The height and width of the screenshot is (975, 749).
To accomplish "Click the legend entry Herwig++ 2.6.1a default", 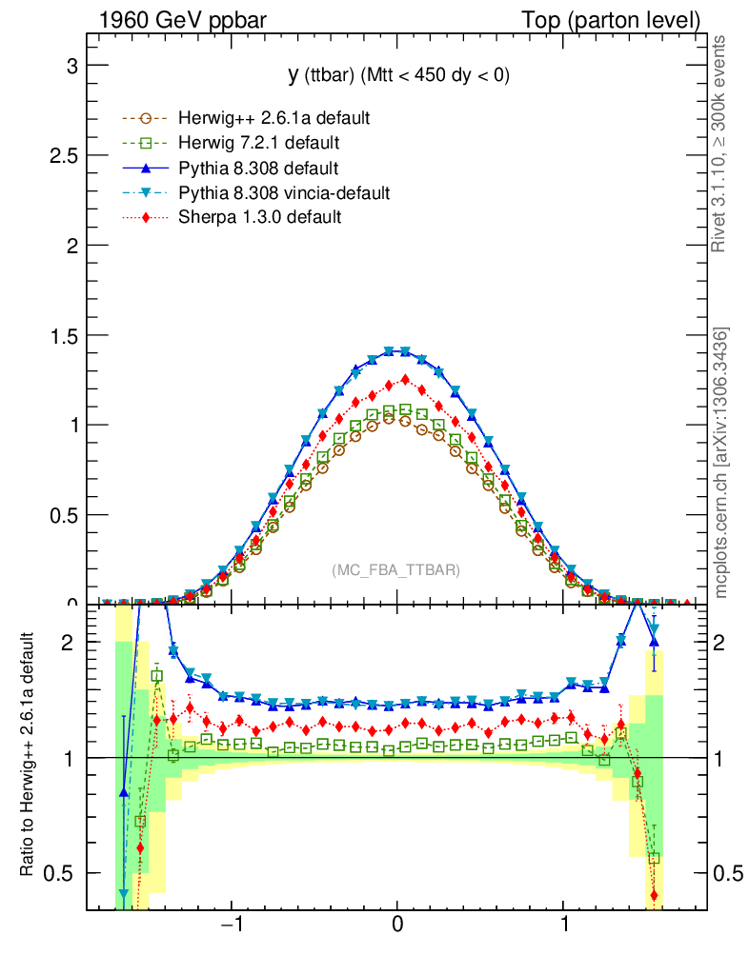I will pyautogui.click(x=273, y=118).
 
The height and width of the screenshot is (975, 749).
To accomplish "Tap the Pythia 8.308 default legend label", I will pyautogui.click(x=258, y=169).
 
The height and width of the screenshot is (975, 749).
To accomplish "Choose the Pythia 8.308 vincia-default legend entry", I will pyautogui.click(x=284, y=193).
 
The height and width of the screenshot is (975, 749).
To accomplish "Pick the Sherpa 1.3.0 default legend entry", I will pyautogui.click(x=260, y=217).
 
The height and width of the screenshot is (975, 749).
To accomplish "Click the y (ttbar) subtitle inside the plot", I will pyautogui.click(x=398, y=76).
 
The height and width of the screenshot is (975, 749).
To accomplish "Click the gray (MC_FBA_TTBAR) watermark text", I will pyautogui.click(x=396, y=570).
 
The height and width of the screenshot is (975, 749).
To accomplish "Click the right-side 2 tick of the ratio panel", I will pyautogui.click(x=726, y=643).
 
